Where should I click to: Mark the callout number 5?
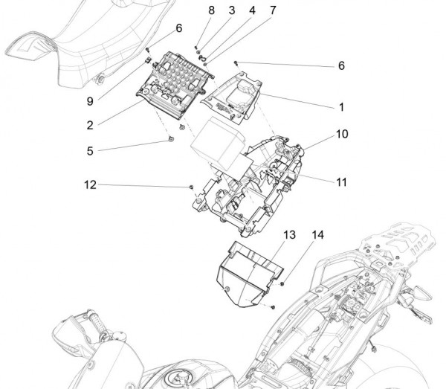point(90,150)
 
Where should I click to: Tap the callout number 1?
point(341,107)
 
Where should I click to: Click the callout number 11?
point(341,181)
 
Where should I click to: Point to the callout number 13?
point(289,235)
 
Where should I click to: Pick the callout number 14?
point(318,235)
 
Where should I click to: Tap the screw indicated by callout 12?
point(192,187)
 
